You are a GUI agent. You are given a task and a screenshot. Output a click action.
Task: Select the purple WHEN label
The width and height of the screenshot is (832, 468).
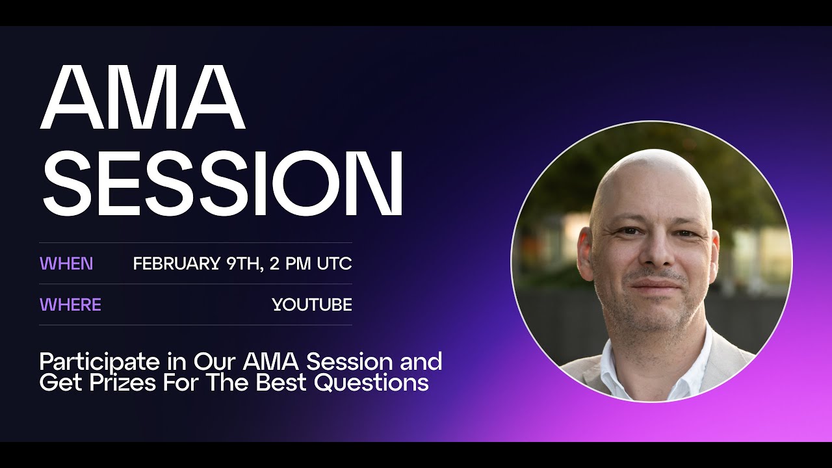click(x=66, y=264)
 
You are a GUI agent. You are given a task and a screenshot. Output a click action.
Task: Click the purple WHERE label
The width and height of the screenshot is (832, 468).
click(x=70, y=304)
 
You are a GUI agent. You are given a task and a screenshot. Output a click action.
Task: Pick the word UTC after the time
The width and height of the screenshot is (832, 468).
click(x=334, y=264)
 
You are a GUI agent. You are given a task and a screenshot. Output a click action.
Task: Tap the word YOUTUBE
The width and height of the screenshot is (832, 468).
click(x=312, y=304)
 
